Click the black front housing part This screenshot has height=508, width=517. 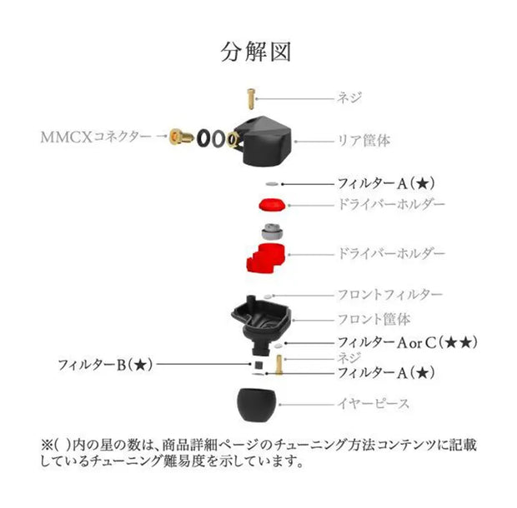[262, 320]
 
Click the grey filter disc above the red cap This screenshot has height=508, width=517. [271, 183]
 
